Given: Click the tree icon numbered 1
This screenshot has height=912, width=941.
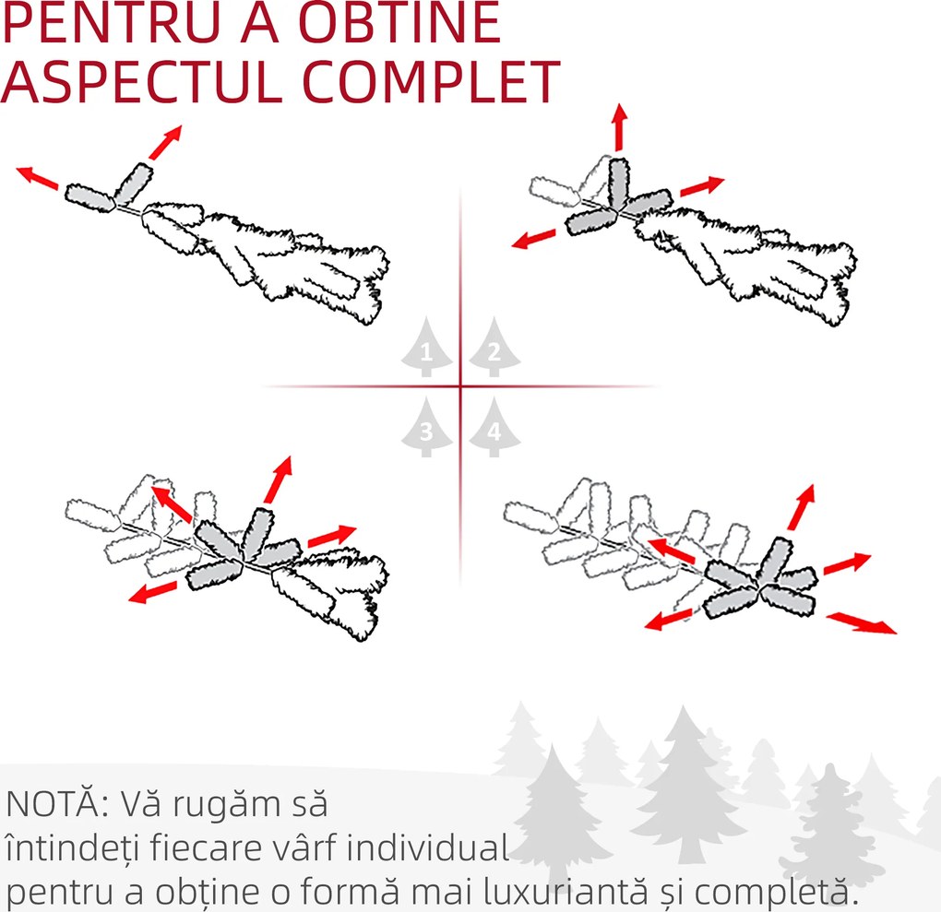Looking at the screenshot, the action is point(427,347).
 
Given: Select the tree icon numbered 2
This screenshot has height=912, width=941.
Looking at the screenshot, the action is point(494,347).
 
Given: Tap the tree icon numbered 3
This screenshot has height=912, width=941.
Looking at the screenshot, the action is point(427,427).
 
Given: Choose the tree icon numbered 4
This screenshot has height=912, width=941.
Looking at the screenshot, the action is point(494,427).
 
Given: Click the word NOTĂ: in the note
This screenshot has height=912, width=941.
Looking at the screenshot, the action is point(57,803).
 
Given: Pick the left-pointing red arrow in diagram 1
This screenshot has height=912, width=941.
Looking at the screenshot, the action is point(37,178).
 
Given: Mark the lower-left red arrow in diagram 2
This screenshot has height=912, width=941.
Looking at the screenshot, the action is point(533,238).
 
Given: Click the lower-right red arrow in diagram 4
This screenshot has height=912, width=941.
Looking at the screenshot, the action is point(862,623).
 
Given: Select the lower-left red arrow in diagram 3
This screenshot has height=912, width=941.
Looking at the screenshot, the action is point(153,592).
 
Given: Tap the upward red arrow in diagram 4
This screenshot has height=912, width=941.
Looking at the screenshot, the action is point(802,507).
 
